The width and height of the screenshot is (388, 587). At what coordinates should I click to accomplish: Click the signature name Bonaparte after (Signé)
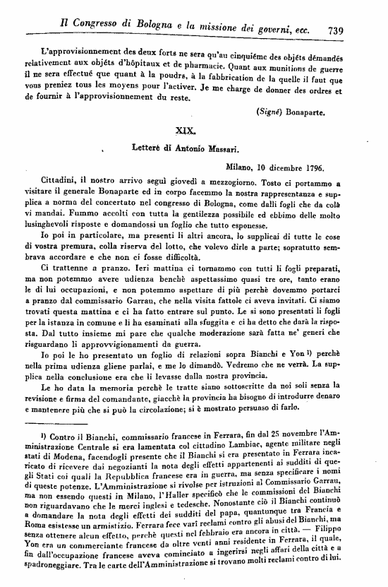[x=307, y=111]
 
